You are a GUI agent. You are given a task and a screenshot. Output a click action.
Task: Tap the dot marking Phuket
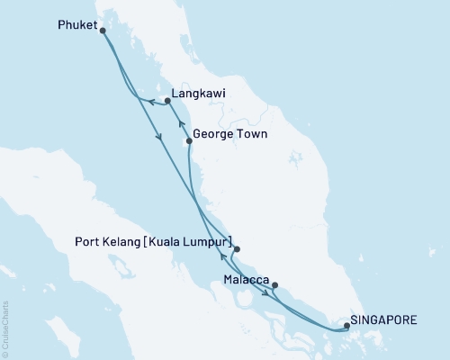(x=103, y=31)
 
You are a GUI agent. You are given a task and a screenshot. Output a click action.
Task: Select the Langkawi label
(x=199, y=93)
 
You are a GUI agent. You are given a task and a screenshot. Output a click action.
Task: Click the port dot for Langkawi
(x=168, y=102)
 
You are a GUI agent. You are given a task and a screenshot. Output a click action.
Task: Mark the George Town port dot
(x=188, y=141)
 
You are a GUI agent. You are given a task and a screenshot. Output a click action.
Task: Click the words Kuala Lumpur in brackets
(x=193, y=243)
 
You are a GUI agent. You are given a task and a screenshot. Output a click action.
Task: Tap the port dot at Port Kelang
(x=237, y=249)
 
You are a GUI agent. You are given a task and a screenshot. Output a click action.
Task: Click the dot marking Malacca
(x=274, y=286)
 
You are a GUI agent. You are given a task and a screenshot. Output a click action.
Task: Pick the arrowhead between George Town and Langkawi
(x=180, y=122)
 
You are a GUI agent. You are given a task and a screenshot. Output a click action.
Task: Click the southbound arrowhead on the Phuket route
(x=159, y=137)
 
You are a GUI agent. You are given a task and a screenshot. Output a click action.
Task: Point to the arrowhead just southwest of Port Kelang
(x=221, y=256)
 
